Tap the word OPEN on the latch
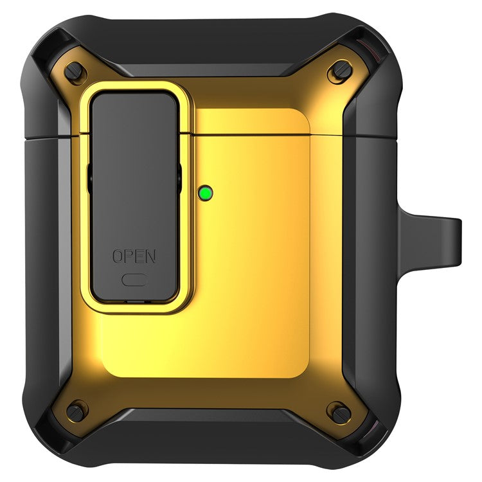(x=134, y=256)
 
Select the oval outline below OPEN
(x=134, y=280)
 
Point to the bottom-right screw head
(x=339, y=411)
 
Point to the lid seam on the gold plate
(x=257, y=135)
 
